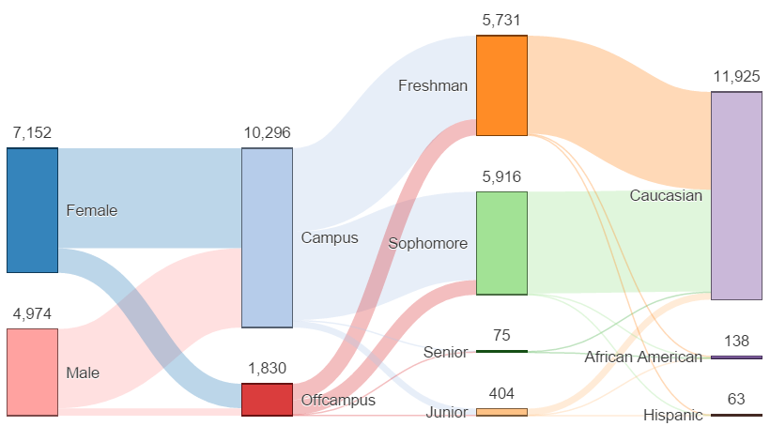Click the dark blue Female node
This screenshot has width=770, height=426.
point(32,210)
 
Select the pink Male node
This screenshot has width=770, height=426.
point(32,372)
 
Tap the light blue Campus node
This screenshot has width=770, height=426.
point(267,237)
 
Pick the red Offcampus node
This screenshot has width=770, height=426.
point(267,399)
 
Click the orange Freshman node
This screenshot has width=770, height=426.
point(501,85)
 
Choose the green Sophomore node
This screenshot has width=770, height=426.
point(501,243)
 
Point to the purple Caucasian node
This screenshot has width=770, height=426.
point(736,195)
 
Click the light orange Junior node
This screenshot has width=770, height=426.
point(501,412)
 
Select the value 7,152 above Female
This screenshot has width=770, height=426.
point(32,133)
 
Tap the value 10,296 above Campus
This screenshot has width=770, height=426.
point(267,133)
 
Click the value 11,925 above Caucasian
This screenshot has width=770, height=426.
point(736,77)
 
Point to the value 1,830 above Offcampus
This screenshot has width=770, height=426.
point(267,368)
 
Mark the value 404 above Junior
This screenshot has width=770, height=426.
point(501,393)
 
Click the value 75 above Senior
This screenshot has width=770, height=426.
point(501,335)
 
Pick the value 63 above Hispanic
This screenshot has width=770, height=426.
point(736,399)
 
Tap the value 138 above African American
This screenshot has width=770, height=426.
point(736,341)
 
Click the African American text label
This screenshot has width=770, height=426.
point(642,357)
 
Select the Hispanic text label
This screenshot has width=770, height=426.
point(673,415)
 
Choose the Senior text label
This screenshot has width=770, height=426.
point(445,352)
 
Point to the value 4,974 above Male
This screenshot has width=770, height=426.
point(32,313)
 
